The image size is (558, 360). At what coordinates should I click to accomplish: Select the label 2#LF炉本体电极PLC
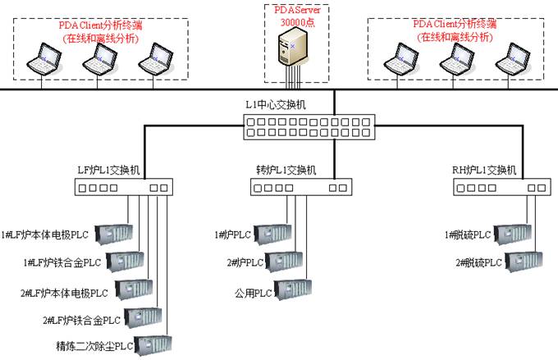pyautogui.click(x=64, y=292)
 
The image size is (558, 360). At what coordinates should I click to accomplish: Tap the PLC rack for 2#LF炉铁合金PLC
pyautogui.click(x=144, y=318)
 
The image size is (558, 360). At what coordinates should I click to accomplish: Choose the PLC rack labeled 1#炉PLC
pyautogui.click(x=273, y=235)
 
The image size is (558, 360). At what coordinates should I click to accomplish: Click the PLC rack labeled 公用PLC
pyautogui.click(x=294, y=289)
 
